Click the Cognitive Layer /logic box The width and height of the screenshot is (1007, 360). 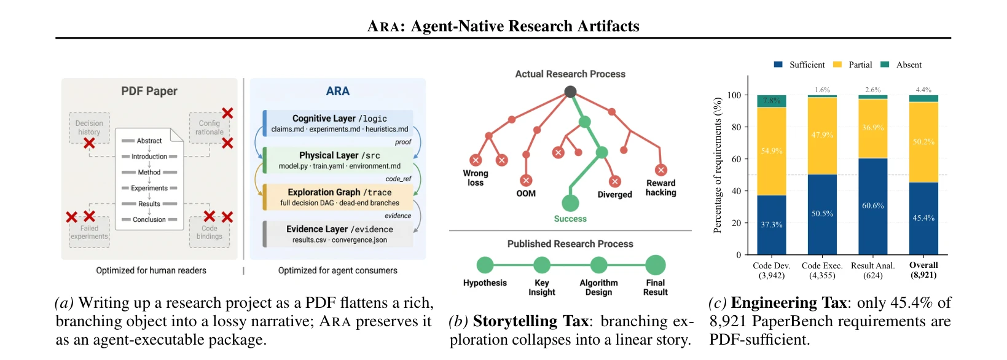pos(338,123)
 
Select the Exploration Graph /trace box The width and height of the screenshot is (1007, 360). pos(338,197)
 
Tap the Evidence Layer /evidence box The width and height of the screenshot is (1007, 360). pos(338,234)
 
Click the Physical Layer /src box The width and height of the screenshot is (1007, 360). pos(338,160)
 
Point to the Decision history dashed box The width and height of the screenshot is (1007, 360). pos(89,128)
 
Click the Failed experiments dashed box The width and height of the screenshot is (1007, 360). pos(89,232)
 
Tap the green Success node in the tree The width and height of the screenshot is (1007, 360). pos(570,203)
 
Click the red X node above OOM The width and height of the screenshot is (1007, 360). pos(526,181)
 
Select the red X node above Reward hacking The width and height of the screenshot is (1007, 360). pos(661,170)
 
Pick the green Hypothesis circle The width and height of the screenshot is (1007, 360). pos(485,265)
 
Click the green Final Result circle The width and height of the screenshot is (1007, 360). pos(656,265)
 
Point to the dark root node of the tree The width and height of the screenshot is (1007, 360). pos(570,92)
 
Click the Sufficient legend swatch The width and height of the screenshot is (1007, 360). pos(778,65)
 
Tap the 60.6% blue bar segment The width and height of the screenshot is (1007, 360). pos(872,206)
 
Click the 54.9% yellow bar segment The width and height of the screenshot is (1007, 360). pos(772,151)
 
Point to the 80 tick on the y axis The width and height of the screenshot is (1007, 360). pos(736,127)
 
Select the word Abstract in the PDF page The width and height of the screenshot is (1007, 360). pos(149,141)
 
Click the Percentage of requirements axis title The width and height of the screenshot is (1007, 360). pos(718,165)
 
